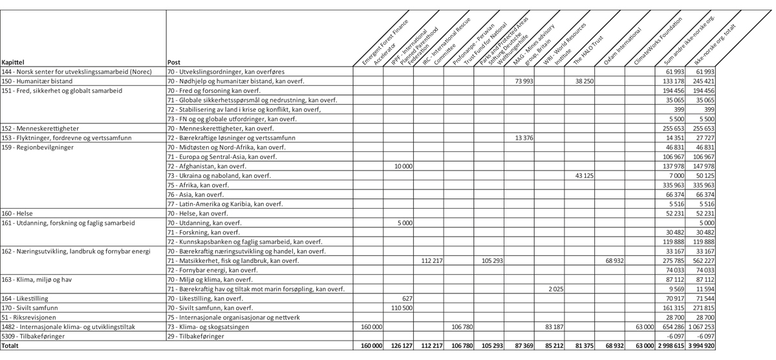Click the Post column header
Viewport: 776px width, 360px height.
[173, 62]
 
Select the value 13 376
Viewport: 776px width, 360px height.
[523, 138]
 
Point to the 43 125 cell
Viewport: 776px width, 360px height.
[584, 176]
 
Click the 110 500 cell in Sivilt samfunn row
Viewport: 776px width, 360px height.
[402, 308]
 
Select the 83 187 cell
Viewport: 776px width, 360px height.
[554, 327]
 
